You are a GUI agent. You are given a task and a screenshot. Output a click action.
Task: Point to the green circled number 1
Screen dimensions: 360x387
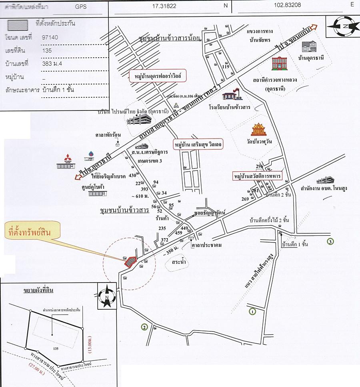(x=252, y=311)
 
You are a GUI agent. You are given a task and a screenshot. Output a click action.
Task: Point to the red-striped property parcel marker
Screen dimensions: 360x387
(x=130, y=261)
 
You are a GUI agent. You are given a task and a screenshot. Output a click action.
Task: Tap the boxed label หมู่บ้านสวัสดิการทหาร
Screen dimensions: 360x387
(x=258, y=176)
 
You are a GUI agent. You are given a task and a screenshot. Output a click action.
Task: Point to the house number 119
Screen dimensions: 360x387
(x=225, y=67)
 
